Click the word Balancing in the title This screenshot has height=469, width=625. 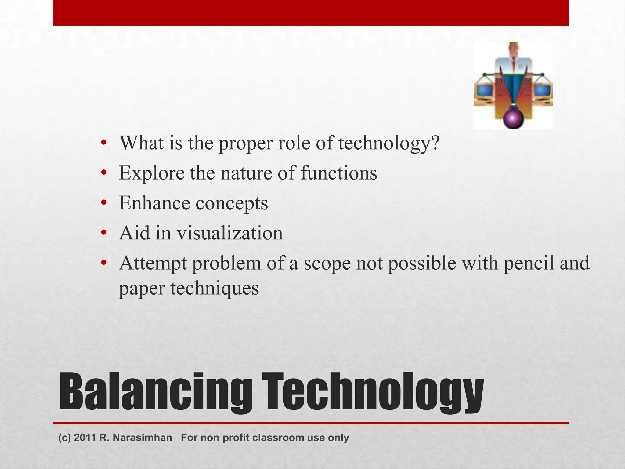pos(156,392)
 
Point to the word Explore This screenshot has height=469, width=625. pos(152,173)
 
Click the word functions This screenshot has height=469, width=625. pos(339,173)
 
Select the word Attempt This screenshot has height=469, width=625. pos(153,263)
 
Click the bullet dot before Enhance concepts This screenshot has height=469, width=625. pos(104,203)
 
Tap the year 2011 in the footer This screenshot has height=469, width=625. pos(85,438)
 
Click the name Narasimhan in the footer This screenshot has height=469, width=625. pos(142,438)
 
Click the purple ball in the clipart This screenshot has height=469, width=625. pos(513,119)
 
